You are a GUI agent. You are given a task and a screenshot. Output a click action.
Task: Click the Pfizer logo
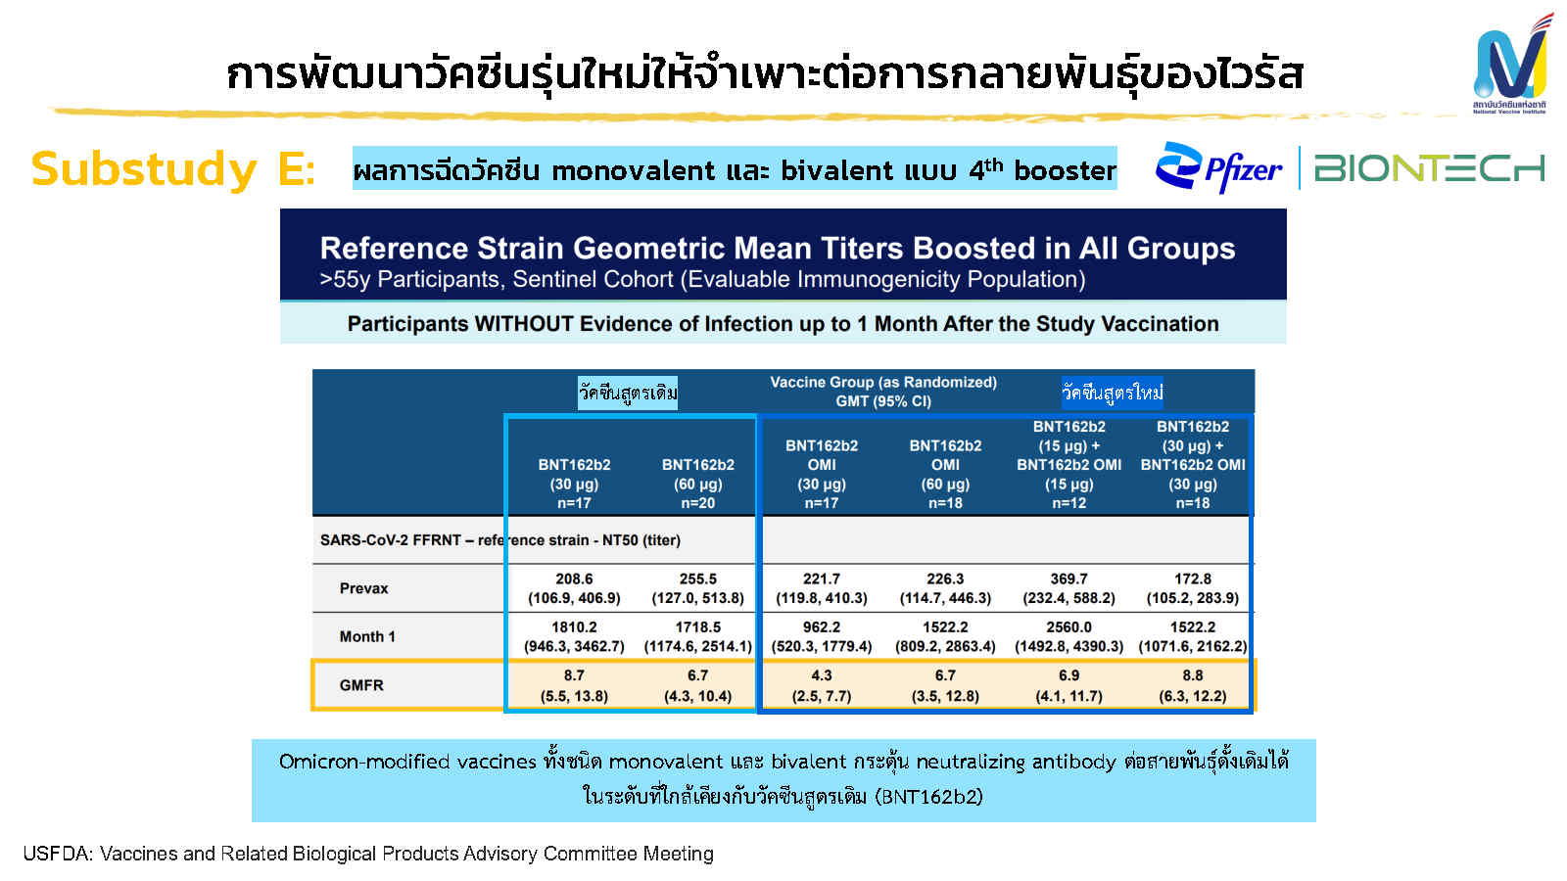(x=1218, y=167)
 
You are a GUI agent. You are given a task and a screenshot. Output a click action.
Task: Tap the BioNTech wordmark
(x=1429, y=168)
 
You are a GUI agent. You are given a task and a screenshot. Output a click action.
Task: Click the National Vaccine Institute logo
(x=1511, y=65)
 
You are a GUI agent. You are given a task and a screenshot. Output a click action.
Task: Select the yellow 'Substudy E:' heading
(x=172, y=168)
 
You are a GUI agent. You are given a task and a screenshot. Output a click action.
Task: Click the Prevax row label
(x=363, y=588)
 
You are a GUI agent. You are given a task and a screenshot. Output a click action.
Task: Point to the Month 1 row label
(x=367, y=636)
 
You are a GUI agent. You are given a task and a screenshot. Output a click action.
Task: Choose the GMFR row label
(x=361, y=685)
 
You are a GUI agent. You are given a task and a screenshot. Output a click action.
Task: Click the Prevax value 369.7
(x=1068, y=579)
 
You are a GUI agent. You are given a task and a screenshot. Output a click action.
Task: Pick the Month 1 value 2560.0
(x=1068, y=627)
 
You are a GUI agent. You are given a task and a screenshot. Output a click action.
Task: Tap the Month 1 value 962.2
(x=822, y=627)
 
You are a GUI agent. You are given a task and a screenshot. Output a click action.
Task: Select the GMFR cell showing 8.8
(x=1193, y=685)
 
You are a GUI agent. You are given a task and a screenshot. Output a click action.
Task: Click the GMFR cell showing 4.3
(x=822, y=685)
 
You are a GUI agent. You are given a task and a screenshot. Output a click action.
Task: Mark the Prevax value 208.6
(x=574, y=579)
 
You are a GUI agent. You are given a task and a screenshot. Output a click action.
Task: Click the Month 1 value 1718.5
(x=698, y=627)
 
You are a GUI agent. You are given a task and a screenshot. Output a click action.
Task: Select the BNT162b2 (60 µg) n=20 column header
(x=698, y=484)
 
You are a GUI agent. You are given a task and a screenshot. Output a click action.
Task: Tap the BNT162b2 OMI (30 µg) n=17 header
(x=822, y=474)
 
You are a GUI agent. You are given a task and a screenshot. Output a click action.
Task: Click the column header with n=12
(x=1068, y=464)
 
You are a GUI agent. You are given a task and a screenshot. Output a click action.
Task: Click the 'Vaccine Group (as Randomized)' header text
(x=883, y=383)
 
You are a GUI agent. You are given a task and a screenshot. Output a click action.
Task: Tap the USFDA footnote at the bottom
(x=368, y=854)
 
